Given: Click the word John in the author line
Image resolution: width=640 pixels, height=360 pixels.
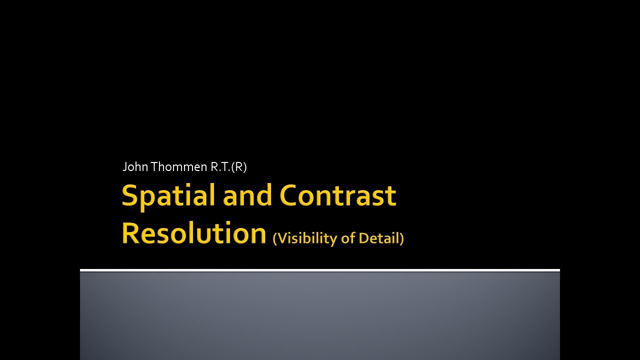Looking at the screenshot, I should [135, 167].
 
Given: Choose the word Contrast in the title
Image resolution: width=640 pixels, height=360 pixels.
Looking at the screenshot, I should [337, 195].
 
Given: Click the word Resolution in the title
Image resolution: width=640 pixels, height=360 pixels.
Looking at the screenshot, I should [193, 233].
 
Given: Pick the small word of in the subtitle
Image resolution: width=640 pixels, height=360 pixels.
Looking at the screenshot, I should [347, 238].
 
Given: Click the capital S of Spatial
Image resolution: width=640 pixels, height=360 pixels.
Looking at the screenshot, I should [129, 195].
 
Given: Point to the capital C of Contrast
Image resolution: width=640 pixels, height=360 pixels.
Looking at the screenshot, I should [289, 195].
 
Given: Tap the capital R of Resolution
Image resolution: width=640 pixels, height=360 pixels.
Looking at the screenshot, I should [130, 233].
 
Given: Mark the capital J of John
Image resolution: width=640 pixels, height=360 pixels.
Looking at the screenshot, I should [125, 167].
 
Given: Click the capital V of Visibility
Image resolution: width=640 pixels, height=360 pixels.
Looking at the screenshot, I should [281, 238].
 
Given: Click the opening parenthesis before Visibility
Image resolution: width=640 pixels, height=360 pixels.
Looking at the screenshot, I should [274, 238].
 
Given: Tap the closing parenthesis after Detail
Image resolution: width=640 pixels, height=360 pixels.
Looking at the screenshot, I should [401, 238].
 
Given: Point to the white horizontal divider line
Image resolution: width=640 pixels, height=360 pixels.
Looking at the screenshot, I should [320, 270].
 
